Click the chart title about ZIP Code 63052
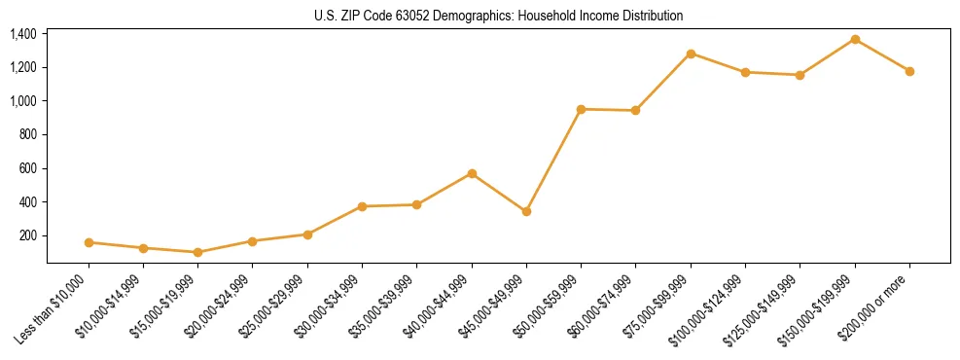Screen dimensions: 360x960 pos(498,16)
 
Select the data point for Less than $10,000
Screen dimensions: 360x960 pos(89,242)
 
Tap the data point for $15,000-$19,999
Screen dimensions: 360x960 pos(197,252)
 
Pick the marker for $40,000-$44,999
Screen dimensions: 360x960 pos(472,173)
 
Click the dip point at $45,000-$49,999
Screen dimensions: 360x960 pos(526,211)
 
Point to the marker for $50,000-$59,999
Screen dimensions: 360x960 pos(581,109)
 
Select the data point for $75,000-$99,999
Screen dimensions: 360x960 pos(691,54)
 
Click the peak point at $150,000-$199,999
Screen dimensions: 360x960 pos(855,39)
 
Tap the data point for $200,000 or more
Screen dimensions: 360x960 pos(909,71)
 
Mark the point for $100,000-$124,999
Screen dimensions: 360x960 pos(745,72)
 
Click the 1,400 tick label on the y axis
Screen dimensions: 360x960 pos(23,34)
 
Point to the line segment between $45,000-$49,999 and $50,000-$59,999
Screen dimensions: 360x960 pos(553,161)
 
